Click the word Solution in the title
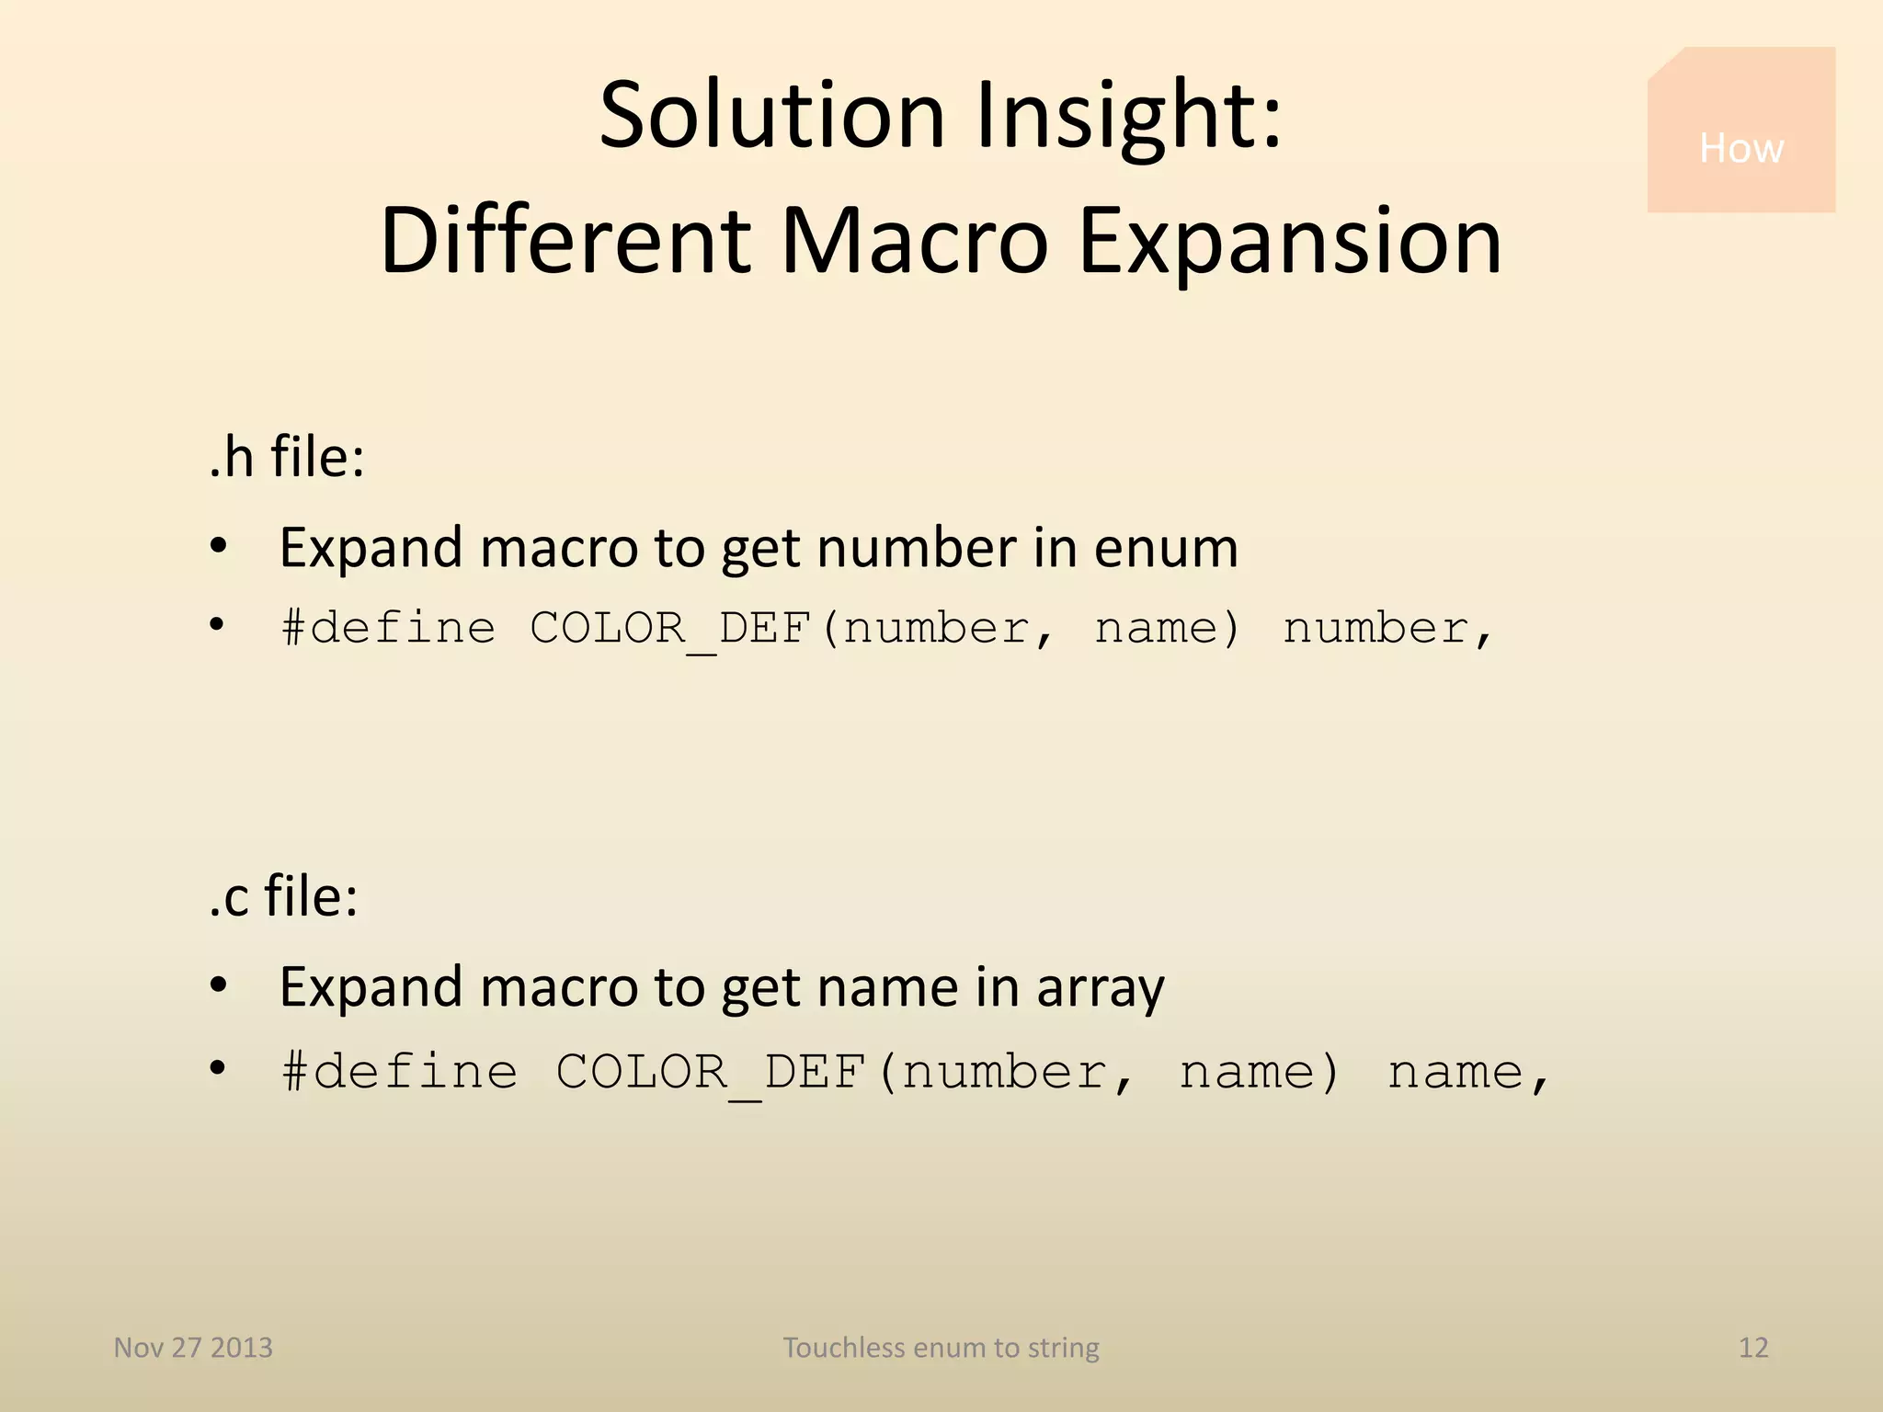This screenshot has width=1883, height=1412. tap(772, 116)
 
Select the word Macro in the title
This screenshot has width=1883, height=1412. tap(915, 241)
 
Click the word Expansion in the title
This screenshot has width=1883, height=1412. tap(1289, 243)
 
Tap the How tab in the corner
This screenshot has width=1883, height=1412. tap(1740, 147)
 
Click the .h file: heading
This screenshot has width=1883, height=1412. tap(287, 457)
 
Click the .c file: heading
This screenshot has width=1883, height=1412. tap(283, 896)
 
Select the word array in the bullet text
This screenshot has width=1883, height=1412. tap(1101, 989)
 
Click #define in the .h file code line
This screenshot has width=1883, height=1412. tap(388, 629)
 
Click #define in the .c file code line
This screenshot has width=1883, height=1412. tap(400, 1072)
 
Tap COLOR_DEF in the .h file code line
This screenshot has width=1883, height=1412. tap(670, 629)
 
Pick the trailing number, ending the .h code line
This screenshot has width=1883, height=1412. tap(1387, 629)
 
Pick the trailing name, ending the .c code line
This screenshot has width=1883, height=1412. tap(1467, 1072)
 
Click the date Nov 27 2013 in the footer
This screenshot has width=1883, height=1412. tap(193, 1348)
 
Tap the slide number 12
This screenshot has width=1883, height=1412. tap(1753, 1348)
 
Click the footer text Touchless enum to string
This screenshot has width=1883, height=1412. tap(941, 1348)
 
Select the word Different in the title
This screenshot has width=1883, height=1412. tap(565, 241)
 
